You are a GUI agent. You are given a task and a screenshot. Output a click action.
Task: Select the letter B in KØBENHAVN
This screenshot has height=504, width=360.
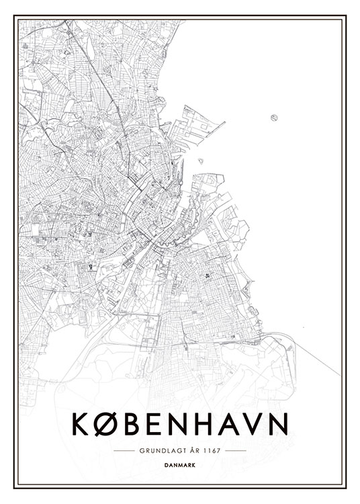[x=132, y=423]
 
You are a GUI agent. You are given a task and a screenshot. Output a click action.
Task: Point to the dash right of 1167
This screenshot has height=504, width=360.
[x=235, y=450]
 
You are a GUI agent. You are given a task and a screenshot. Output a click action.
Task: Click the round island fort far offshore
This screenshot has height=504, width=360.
[x=274, y=118]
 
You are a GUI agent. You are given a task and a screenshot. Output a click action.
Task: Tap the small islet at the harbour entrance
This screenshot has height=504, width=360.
[x=200, y=160]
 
